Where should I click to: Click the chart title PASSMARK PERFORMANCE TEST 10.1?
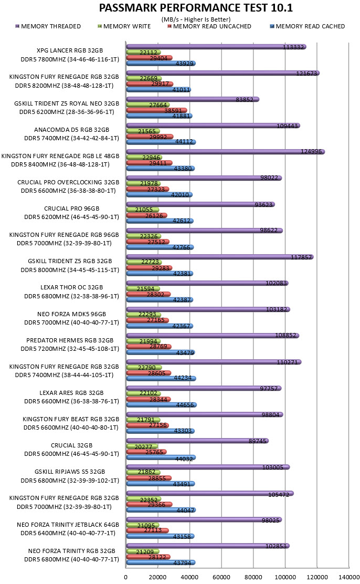tap(196, 7)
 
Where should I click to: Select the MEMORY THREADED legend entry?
tap(48, 26)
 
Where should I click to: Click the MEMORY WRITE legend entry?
tap(124, 26)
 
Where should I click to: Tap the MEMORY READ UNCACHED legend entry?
tap(209, 26)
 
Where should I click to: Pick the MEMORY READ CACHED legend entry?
tap(308, 26)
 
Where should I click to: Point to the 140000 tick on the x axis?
tap(349, 577)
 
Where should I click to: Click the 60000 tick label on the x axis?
tap(221, 577)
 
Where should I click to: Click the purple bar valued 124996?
tap(226, 152)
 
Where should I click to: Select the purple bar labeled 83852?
tap(193, 99)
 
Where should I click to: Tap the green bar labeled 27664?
tap(148, 105)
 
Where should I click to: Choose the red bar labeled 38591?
tap(157, 110)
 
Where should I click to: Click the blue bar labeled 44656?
tap(162, 404)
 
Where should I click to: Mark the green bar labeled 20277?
tap(142, 446)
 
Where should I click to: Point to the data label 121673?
tap(306, 74)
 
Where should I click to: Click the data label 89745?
tap(258, 441)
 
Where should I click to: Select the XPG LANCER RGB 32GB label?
tap(70, 50)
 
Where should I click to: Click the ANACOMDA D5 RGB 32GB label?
tap(71, 130)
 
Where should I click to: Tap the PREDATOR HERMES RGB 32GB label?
tap(70, 340)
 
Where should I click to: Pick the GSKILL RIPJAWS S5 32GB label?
tap(70, 472)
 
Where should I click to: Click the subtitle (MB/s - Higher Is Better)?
tap(196, 19)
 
